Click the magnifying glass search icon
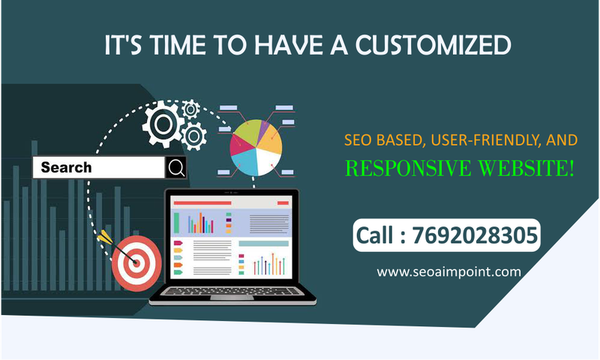coord(176,168)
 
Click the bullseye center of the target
coord(135,262)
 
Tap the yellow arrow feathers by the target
coord(103,237)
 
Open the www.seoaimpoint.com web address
coord(448,271)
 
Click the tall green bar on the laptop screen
coord(177,222)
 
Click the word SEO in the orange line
coord(356,139)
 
